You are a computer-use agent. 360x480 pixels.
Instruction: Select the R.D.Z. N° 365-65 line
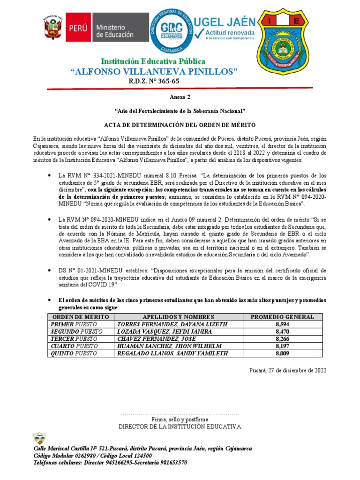point(154,82)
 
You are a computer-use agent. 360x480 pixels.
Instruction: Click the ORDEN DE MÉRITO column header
point(79,317)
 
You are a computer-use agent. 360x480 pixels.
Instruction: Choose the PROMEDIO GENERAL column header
point(282,317)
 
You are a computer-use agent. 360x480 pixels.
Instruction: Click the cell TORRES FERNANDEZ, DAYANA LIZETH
point(172,324)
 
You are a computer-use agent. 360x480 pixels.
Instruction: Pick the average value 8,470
point(282,331)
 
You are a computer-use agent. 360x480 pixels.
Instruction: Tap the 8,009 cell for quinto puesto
point(282,353)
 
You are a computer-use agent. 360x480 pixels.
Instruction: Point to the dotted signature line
point(180,414)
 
